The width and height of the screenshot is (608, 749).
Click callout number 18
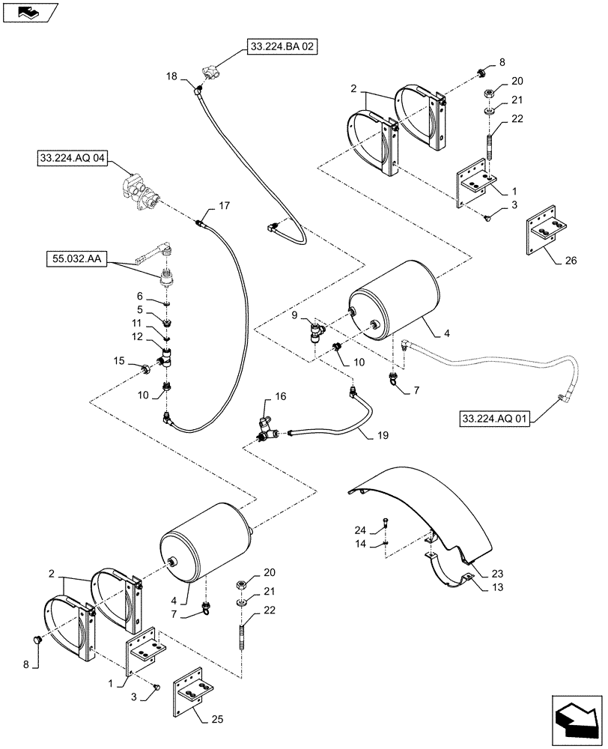[171, 77]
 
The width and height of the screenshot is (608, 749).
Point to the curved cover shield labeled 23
[419, 506]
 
